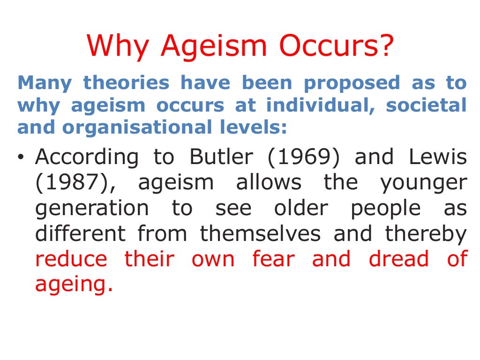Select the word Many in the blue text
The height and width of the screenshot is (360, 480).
tap(45, 83)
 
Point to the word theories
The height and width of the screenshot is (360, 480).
tap(126, 83)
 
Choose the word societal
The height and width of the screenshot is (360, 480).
tap(426, 105)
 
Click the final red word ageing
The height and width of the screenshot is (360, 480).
tap(74, 285)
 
